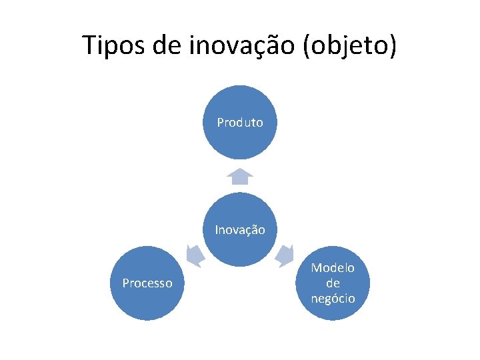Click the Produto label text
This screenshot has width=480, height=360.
pos(240,123)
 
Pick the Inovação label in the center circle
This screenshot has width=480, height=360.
pos(240,230)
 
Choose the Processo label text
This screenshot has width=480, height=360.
pos(147,283)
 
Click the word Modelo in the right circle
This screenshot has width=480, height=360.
pos(333,268)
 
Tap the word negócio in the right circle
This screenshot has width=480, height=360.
pos(333,298)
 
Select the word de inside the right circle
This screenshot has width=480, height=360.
pos(333,283)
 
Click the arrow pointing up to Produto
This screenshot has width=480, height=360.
pos(240,176)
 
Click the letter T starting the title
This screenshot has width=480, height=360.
pos(89,45)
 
